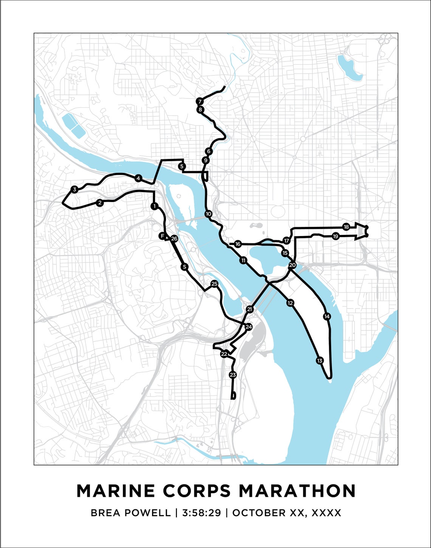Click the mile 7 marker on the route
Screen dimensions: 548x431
(200, 101)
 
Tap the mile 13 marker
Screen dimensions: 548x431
(319, 361)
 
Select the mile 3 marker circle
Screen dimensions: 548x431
(74, 189)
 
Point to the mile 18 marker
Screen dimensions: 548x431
(346, 227)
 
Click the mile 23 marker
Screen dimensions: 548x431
(233, 375)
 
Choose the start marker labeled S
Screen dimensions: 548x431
(184, 267)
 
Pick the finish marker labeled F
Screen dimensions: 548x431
(162, 236)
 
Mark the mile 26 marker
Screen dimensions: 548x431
(174, 238)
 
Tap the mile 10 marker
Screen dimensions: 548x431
(208, 214)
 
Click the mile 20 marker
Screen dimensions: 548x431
(292, 265)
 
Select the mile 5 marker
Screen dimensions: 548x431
(182, 166)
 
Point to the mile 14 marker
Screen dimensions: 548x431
(327, 316)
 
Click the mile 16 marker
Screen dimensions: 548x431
(237, 244)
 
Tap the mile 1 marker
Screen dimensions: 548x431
(154, 206)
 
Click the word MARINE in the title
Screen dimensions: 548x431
(116, 491)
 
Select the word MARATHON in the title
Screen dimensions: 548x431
(297, 491)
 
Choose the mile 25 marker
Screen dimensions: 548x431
(214, 284)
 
